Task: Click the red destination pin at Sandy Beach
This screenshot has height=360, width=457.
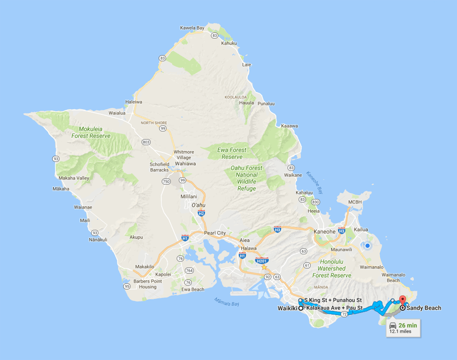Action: point(402,300)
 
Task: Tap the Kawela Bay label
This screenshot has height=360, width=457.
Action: point(194,27)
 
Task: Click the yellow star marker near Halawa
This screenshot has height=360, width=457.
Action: point(264,267)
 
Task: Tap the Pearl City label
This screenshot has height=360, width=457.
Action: point(214,233)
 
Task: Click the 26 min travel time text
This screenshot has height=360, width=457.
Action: point(408,325)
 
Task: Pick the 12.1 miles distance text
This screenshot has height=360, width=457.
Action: point(401,332)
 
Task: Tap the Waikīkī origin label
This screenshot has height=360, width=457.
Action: point(287,308)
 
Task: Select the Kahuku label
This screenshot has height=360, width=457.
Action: point(229,43)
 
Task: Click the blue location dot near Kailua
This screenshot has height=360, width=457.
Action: point(367,246)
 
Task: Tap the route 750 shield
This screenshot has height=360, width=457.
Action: point(166,181)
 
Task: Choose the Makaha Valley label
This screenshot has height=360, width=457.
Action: point(75,178)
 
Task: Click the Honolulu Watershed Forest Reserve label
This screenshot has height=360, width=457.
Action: point(334,268)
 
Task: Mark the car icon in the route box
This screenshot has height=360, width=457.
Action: point(393,325)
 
